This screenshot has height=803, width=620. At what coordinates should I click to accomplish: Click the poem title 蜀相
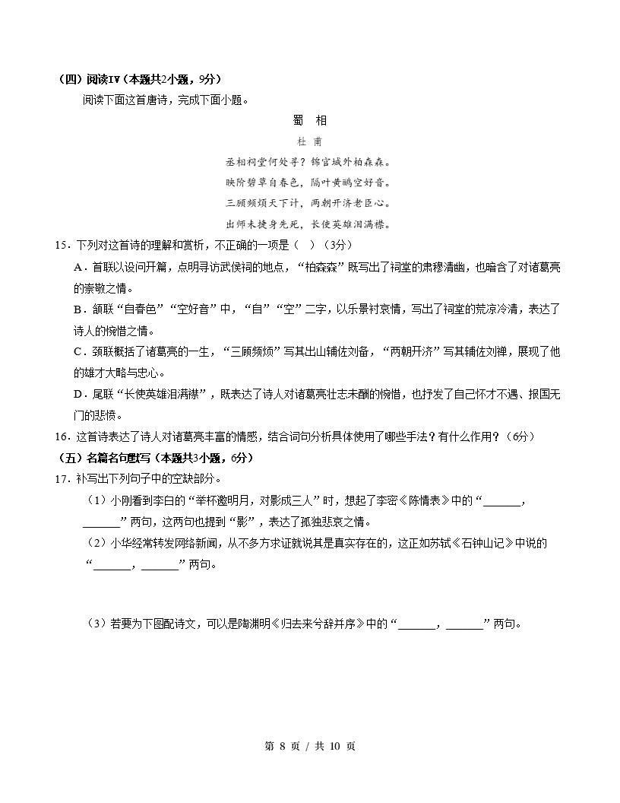tap(309, 120)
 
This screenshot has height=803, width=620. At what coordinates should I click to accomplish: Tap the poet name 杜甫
tap(309, 141)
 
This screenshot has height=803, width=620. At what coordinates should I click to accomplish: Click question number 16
tap(62, 436)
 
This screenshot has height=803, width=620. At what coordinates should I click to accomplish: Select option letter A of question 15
tap(78, 268)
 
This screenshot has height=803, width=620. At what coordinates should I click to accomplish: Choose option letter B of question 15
tap(78, 309)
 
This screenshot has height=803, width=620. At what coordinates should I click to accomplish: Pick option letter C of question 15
tap(78, 351)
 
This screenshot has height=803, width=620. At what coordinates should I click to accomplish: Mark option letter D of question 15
tap(78, 394)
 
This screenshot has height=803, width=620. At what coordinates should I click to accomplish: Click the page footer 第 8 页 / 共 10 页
tap(309, 746)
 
